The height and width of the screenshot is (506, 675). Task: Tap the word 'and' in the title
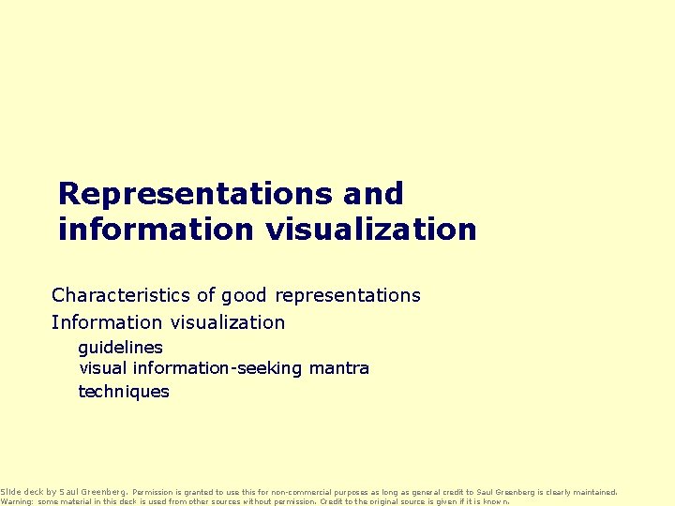coord(373,194)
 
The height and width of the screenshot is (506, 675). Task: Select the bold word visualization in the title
coord(369,229)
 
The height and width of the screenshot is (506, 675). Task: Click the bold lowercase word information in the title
coord(156,229)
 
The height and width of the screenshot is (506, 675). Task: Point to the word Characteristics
coord(121,295)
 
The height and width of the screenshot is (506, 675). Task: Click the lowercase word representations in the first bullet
coord(347,295)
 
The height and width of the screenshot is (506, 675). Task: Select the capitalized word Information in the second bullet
coord(107,322)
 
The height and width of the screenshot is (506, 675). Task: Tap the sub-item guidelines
coord(120,347)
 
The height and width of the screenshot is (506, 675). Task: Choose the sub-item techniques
coord(124,392)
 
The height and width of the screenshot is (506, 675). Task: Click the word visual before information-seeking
coord(103,368)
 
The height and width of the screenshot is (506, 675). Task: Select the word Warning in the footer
coord(16,501)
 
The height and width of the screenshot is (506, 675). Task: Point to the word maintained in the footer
coord(593,491)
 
